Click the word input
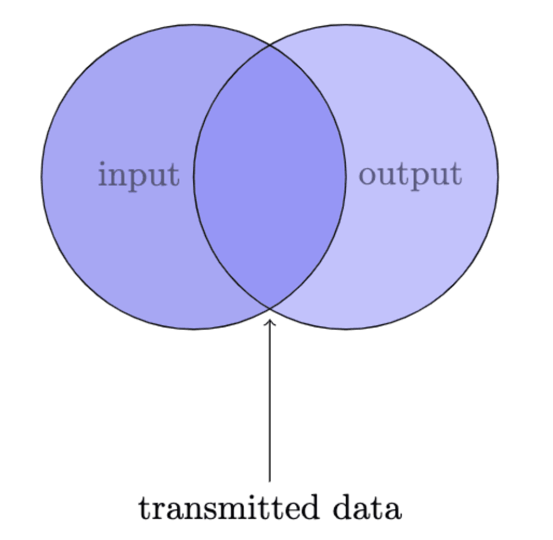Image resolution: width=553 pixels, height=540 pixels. tap(139, 176)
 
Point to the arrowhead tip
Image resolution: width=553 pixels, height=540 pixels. tap(270, 319)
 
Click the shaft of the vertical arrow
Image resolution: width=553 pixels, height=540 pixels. tap(270, 400)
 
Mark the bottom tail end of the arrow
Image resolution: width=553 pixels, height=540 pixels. tap(270, 482)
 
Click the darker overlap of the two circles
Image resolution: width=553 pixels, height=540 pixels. tap(270, 176)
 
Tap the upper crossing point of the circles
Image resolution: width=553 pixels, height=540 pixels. tap(270, 45)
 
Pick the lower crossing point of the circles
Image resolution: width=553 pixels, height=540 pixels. tap(270, 309)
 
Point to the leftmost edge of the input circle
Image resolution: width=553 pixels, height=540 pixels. tap(42, 177)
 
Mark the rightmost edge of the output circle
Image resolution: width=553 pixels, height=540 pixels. tap(499, 177)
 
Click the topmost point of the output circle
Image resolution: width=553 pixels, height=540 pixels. tap(346, 25)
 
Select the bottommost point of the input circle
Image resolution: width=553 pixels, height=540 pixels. tap(193, 329)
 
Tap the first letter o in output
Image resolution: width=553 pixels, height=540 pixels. tap(367, 175)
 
